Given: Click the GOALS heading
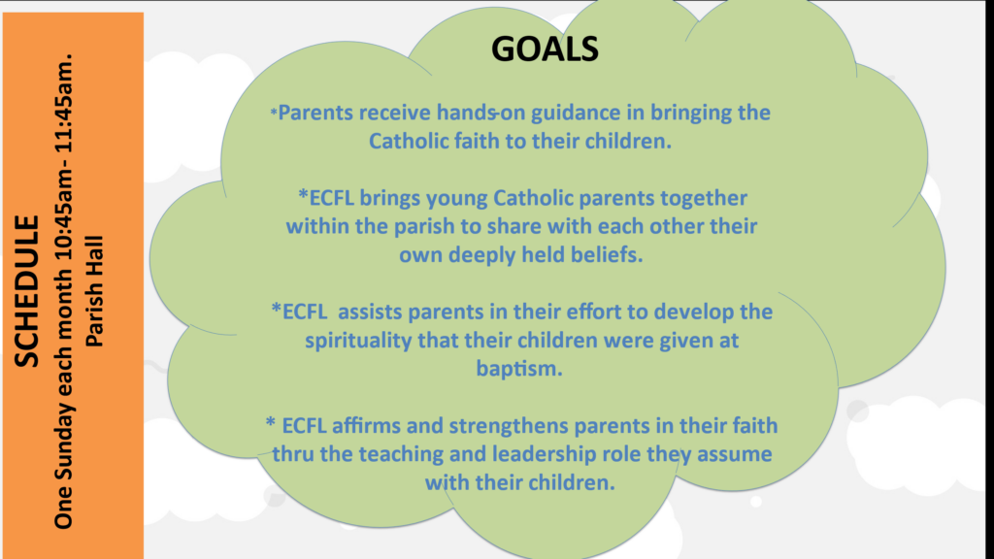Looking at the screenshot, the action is (x=545, y=49).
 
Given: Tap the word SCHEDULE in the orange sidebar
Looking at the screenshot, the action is (x=27, y=291).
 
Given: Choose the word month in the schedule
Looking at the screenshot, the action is (x=63, y=298).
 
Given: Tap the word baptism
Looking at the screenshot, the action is (x=518, y=369).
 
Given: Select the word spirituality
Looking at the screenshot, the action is (x=358, y=341).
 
